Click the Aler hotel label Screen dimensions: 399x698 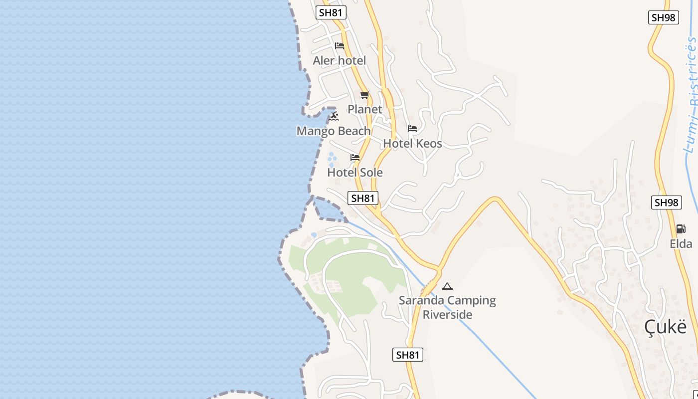coord(339,61)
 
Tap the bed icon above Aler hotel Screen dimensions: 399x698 coord(340,46)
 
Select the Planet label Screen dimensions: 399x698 coord(365,109)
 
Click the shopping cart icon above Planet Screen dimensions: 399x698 coord(364,95)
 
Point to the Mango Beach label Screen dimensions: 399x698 coord(334,131)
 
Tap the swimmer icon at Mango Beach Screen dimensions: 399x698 coord(334,116)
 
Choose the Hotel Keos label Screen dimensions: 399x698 coord(412,144)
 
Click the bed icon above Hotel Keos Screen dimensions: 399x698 coord(412,129)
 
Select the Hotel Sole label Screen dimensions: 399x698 coord(355,173)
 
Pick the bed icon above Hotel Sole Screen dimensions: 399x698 coord(355,158)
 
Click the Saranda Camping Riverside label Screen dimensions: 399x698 coord(447,307)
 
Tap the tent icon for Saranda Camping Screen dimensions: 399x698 coord(447,286)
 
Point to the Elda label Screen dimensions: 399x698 coord(681,244)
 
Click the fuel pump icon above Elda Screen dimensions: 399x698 coord(681,229)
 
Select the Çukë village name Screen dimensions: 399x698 coord(665,327)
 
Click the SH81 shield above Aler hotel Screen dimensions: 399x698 coord(331,12)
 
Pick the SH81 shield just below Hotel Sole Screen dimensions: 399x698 coord(362,198)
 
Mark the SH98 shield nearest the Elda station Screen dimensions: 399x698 coord(667,202)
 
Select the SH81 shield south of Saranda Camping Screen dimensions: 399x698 coord(408,355)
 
